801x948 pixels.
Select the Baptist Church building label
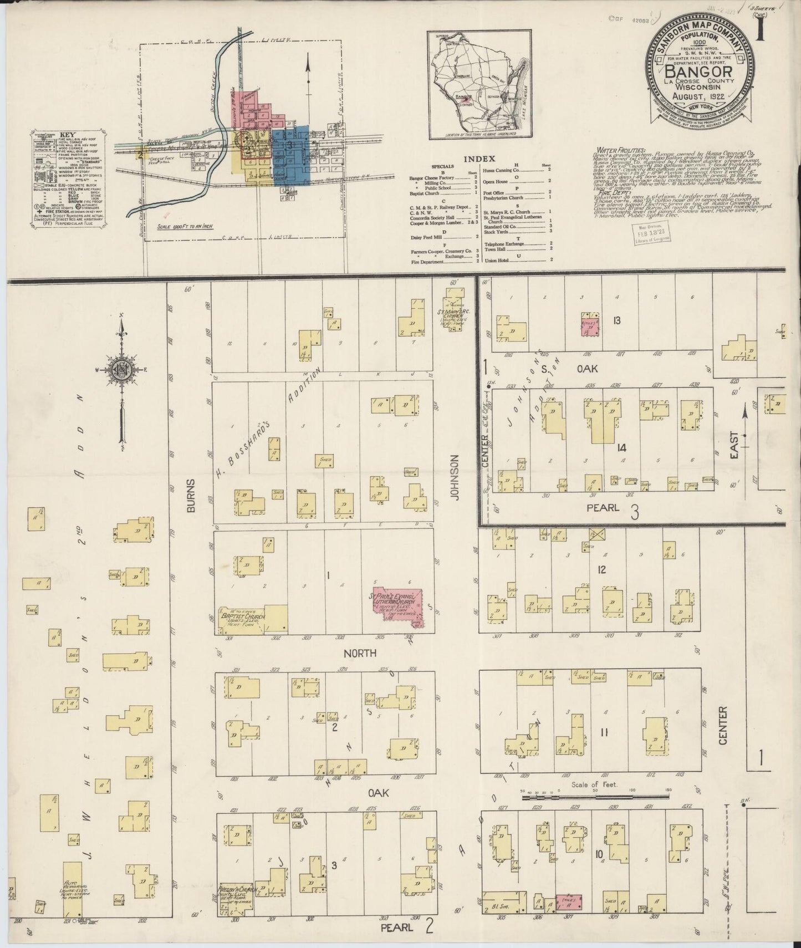[243, 616]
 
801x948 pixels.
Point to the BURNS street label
[190, 495]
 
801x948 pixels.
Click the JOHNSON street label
[456, 478]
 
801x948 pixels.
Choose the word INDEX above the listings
[479, 159]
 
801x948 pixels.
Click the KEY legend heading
[67, 134]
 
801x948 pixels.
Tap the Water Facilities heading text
[620, 150]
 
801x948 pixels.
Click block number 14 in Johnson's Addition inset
[621, 447]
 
